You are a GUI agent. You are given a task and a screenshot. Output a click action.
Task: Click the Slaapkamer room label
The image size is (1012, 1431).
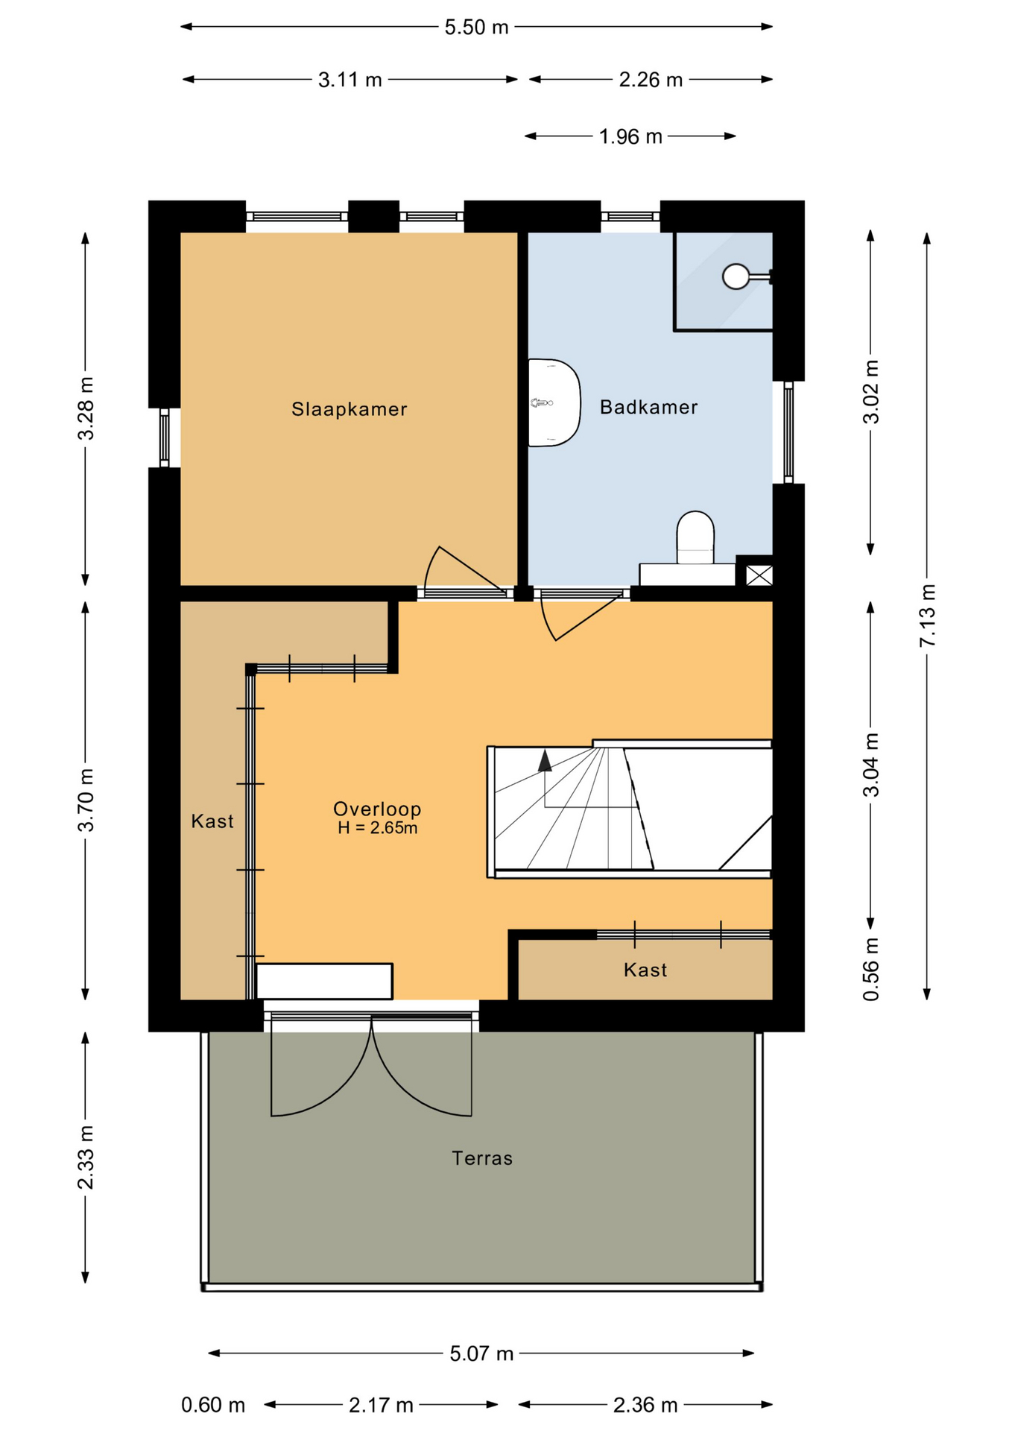pyautogui.click(x=349, y=409)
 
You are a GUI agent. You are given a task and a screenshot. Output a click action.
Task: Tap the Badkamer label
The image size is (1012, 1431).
pyautogui.click(x=648, y=407)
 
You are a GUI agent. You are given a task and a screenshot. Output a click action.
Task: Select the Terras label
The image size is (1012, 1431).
pyautogui.click(x=482, y=1158)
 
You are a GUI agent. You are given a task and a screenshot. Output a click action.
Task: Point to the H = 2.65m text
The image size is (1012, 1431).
pyautogui.click(x=377, y=827)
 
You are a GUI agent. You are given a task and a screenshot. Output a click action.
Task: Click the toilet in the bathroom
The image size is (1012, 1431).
pyautogui.click(x=695, y=537)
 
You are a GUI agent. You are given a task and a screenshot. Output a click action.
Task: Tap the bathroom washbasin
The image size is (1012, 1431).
pyautogui.click(x=554, y=403)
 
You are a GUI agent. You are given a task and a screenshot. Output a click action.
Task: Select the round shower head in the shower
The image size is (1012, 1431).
pyautogui.click(x=736, y=277)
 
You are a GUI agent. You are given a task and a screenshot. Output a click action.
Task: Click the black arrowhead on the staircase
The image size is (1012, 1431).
pyautogui.click(x=545, y=760)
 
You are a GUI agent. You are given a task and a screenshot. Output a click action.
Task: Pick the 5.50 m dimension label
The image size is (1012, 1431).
pyautogui.click(x=476, y=28)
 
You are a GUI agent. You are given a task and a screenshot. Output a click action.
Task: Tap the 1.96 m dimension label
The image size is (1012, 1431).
pyautogui.click(x=630, y=136)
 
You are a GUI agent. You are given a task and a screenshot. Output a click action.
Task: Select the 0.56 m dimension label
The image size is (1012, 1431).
pyautogui.click(x=870, y=969)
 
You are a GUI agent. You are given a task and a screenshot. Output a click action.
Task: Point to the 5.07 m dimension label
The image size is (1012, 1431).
pyautogui.click(x=481, y=1353)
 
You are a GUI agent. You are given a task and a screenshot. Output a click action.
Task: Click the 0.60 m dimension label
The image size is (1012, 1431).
pyautogui.click(x=213, y=1405)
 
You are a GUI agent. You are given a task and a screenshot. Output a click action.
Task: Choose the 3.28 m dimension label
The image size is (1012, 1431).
pyautogui.click(x=86, y=408)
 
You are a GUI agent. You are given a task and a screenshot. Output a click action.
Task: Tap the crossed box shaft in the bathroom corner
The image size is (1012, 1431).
pyautogui.click(x=759, y=575)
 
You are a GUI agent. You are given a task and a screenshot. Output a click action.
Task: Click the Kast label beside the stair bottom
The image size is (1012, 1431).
pyautogui.click(x=645, y=970)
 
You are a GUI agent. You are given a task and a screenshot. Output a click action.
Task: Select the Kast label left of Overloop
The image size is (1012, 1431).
pyautogui.click(x=212, y=821)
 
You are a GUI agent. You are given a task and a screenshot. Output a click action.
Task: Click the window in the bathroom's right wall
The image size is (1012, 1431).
pyautogui.click(x=788, y=432)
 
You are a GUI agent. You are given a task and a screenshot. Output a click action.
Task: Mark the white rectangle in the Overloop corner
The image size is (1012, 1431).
pyautogui.click(x=324, y=981)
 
